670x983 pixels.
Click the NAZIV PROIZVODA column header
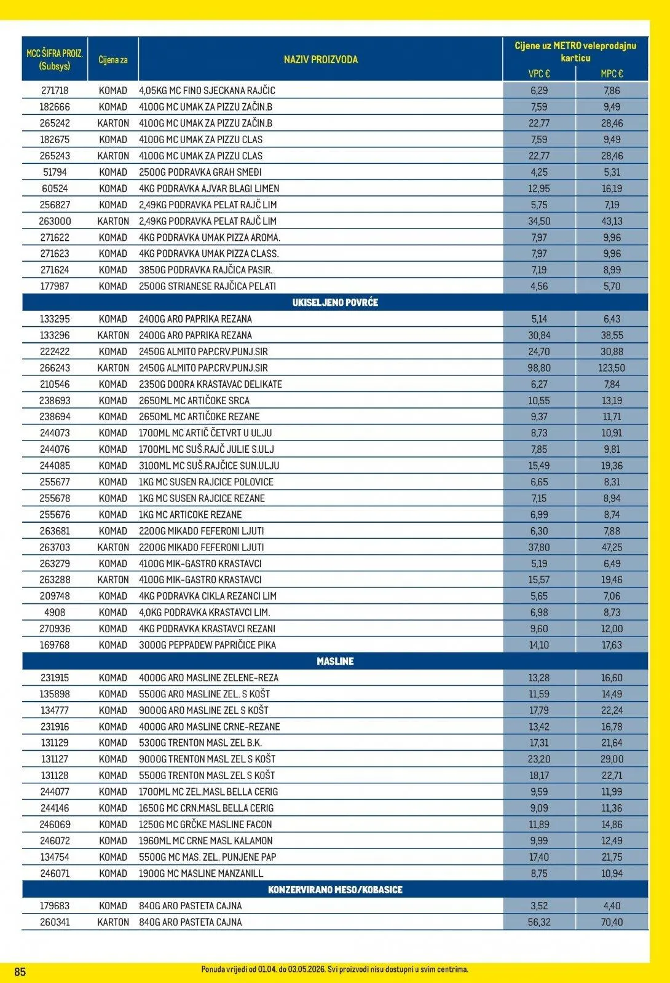[x=320, y=60]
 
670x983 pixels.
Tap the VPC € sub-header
[x=538, y=74]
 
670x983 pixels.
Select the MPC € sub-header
[x=612, y=74]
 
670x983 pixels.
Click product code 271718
[x=55, y=90]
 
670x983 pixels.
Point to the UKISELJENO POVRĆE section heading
[x=335, y=302]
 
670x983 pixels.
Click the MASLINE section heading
[x=335, y=661]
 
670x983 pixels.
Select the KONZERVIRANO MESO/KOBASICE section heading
[x=335, y=890]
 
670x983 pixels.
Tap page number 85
[x=20, y=972]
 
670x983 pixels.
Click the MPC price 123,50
[x=612, y=368]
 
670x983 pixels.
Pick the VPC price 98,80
[x=539, y=368]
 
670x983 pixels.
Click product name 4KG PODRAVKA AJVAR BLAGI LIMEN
[x=209, y=189]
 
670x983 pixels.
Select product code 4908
[x=55, y=613]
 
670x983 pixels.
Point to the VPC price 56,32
[x=539, y=922]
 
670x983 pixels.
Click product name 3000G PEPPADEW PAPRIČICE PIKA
[x=207, y=645]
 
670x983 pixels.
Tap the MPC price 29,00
[x=612, y=759]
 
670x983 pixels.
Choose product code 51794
[x=55, y=172]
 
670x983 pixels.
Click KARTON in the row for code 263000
[x=113, y=221]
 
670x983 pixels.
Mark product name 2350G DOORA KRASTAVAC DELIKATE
[x=210, y=385]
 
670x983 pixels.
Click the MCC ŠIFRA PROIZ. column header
[x=55, y=60]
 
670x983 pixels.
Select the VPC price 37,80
[x=539, y=547]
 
